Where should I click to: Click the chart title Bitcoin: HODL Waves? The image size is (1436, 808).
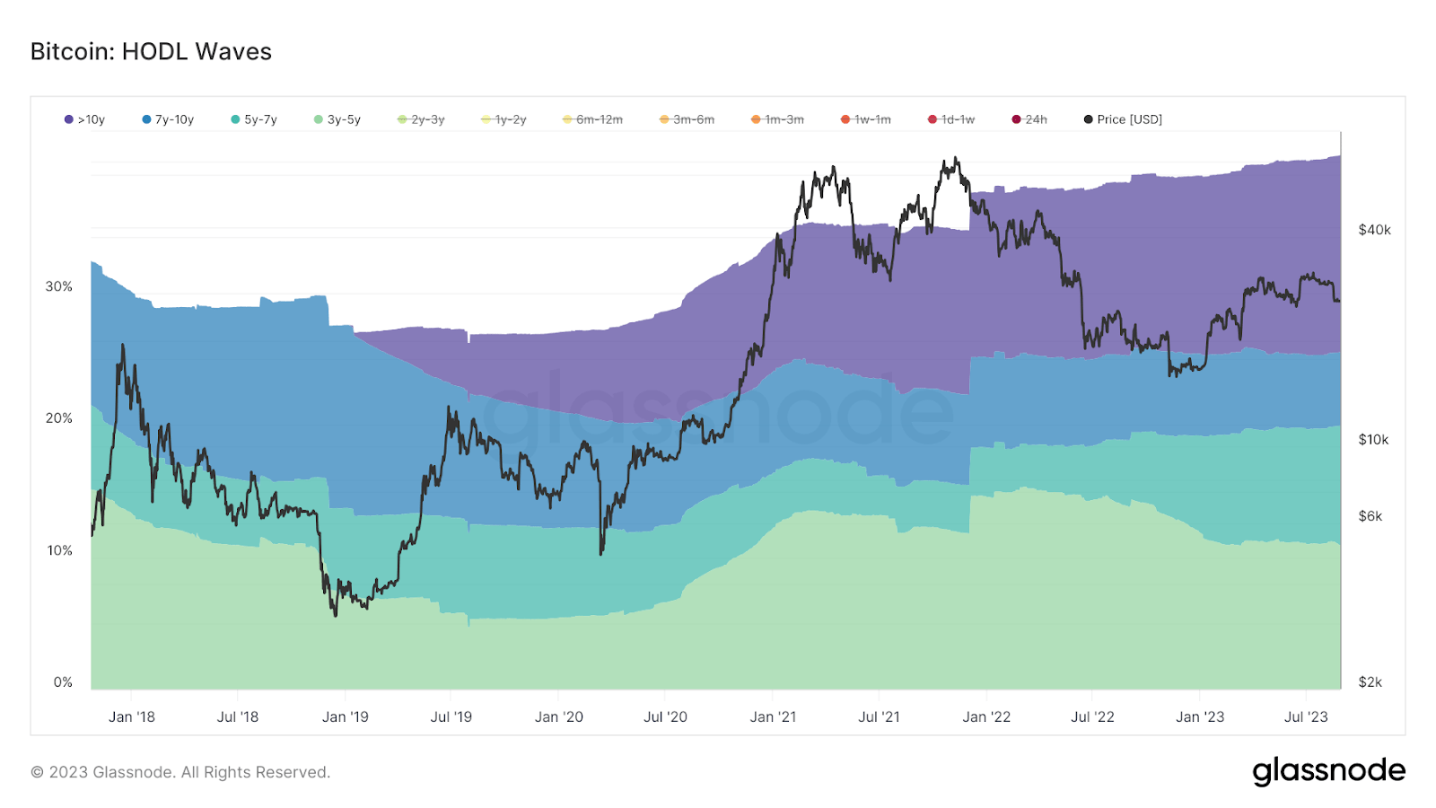click(x=151, y=52)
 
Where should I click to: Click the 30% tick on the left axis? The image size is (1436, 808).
click(x=59, y=286)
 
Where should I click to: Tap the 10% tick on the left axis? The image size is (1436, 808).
click(x=59, y=550)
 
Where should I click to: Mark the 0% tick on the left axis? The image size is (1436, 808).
click(x=63, y=682)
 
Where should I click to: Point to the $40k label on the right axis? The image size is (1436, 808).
click(x=1374, y=230)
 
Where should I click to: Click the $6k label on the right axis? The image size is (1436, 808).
click(x=1370, y=516)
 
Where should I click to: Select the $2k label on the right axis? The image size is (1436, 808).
click(x=1370, y=682)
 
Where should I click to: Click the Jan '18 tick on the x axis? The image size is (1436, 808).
click(x=132, y=716)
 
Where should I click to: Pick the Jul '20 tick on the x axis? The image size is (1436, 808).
click(x=665, y=716)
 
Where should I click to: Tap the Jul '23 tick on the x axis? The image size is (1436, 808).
click(x=1306, y=716)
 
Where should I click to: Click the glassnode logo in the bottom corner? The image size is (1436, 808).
click(x=1328, y=771)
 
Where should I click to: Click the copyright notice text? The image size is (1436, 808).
click(x=180, y=772)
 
